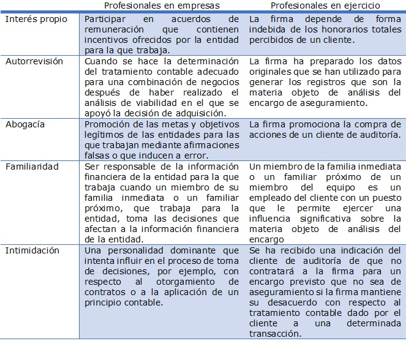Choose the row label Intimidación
coord(32,250)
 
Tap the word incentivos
coord(107,40)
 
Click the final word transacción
coord(276,334)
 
